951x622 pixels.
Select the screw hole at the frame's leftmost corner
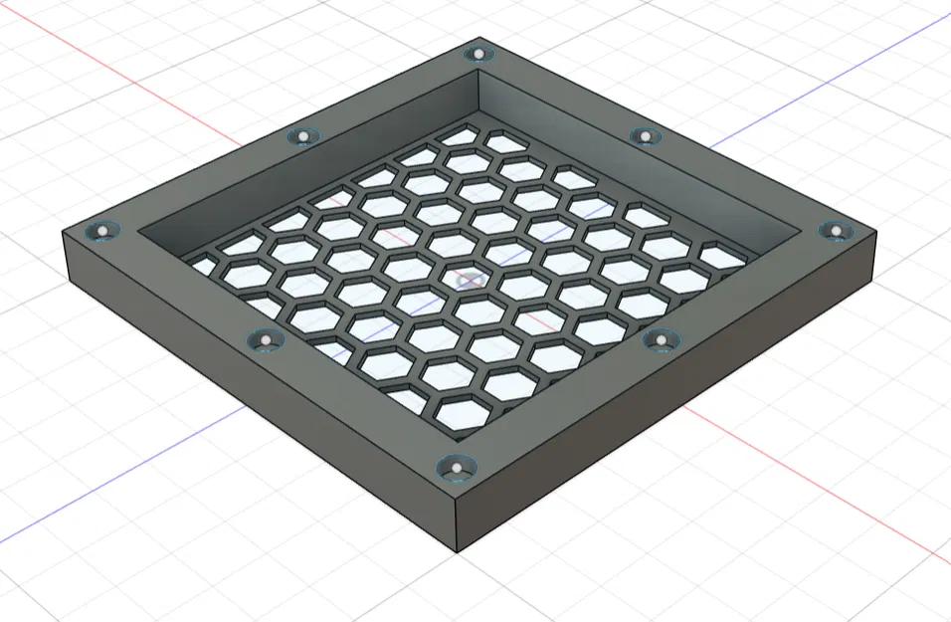100,232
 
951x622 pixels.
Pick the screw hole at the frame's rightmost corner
835,231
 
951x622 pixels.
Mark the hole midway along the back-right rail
645,135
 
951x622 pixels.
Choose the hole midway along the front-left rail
265,341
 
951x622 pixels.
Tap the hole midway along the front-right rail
659,340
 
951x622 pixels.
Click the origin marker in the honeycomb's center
468,282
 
